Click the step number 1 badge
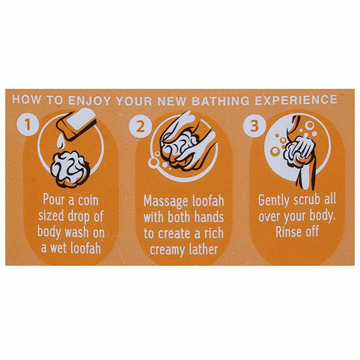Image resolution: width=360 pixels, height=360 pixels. (x=28, y=125)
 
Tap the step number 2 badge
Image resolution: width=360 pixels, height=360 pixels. (x=140, y=126)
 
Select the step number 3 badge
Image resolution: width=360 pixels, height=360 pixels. (x=254, y=126)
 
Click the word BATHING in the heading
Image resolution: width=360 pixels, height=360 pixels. (x=220, y=101)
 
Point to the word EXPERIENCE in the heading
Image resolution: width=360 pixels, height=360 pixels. (x=296, y=100)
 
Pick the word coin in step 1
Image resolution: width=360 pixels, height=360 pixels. (x=88, y=200)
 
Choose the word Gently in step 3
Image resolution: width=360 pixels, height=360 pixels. (x=274, y=201)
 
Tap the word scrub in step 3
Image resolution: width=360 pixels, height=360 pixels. (x=307, y=200)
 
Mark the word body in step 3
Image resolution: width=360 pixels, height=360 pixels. (x=322, y=216)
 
